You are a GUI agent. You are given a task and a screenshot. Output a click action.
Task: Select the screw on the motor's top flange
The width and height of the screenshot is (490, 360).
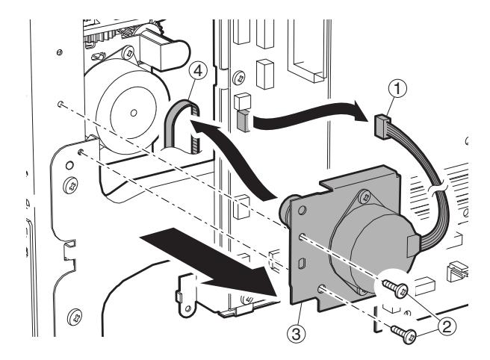click(364, 196)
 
